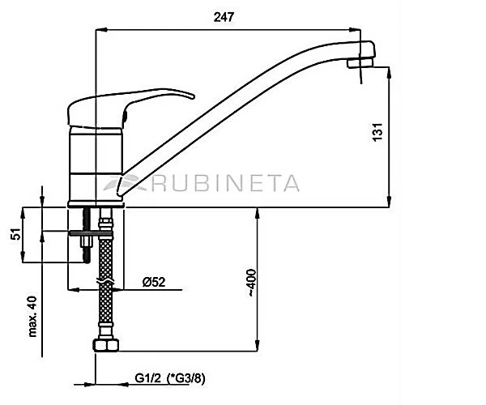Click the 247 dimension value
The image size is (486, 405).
coord(224,17)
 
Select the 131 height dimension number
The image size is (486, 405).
coord(377,132)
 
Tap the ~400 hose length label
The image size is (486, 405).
coord(252,283)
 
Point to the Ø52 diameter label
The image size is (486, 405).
coord(154,282)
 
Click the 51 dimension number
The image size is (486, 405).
coord(15,234)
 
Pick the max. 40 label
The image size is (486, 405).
coord(32,317)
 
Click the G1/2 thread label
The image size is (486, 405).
coord(148,378)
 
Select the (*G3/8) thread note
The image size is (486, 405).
coord(186,378)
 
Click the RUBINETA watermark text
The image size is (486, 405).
coord(225,183)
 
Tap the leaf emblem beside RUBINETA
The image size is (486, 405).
coord(124,182)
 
